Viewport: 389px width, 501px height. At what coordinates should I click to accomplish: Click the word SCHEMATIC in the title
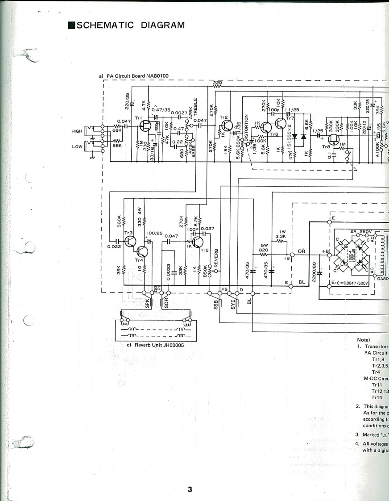[x=105, y=25]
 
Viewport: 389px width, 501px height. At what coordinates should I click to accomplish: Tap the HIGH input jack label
[x=77, y=131]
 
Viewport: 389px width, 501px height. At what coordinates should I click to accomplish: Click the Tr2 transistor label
[x=224, y=117]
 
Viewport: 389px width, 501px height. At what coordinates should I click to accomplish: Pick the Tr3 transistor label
[x=128, y=233]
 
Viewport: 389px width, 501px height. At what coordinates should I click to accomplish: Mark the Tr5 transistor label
[x=205, y=250]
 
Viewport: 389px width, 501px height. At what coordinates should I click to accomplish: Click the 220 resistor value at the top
[x=217, y=83]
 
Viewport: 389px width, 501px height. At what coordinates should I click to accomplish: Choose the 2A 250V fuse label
[x=360, y=231]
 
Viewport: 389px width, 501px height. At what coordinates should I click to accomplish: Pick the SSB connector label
[x=215, y=304]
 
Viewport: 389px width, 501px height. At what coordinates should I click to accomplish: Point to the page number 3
[x=190, y=489]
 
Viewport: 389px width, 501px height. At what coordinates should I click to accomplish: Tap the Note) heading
[x=364, y=340]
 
